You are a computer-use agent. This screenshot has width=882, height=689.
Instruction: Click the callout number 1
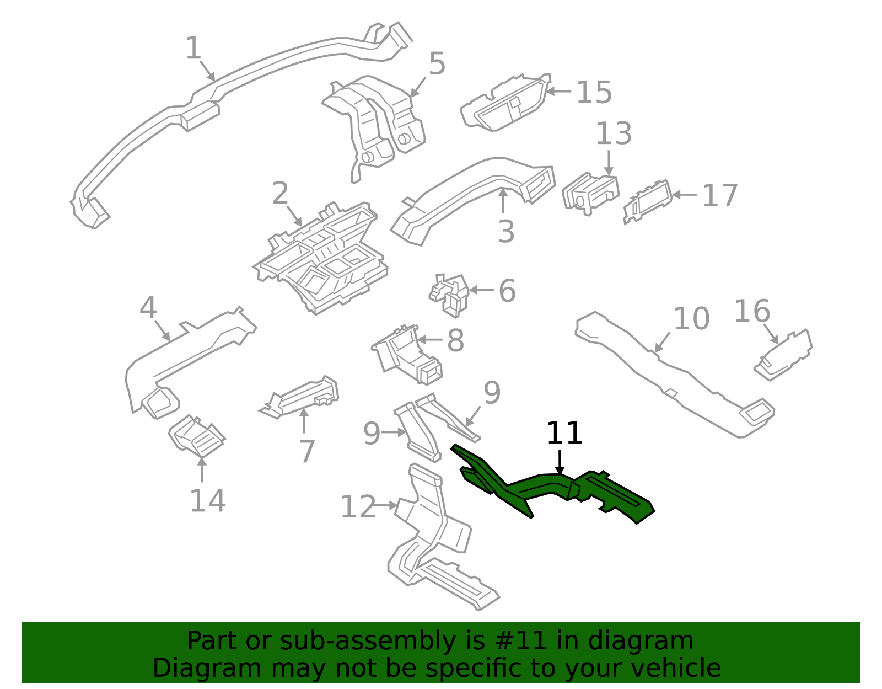[x=193, y=49]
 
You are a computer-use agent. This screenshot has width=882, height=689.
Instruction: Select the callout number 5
[x=437, y=64]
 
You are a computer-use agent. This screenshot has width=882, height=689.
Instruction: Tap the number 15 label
[x=594, y=92]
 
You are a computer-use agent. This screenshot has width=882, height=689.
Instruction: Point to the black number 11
[x=564, y=434]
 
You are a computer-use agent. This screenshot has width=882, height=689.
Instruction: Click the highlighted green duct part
[x=551, y=488]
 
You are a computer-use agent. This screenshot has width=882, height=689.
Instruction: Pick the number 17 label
[x=719, y=196]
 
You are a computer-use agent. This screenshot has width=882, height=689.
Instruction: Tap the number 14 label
[x=207, y=501]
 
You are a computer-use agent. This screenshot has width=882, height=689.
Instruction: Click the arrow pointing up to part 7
[x=303, y=421]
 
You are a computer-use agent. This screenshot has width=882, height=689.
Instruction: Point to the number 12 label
[x=358, y=507]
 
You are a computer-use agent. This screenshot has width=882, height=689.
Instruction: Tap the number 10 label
[x=691, y=319]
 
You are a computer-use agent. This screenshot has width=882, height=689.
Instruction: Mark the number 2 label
[x=280, y=194]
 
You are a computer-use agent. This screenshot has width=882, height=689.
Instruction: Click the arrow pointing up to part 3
[x=503, y=201]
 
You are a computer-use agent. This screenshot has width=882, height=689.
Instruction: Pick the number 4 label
[x=148, y=308]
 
